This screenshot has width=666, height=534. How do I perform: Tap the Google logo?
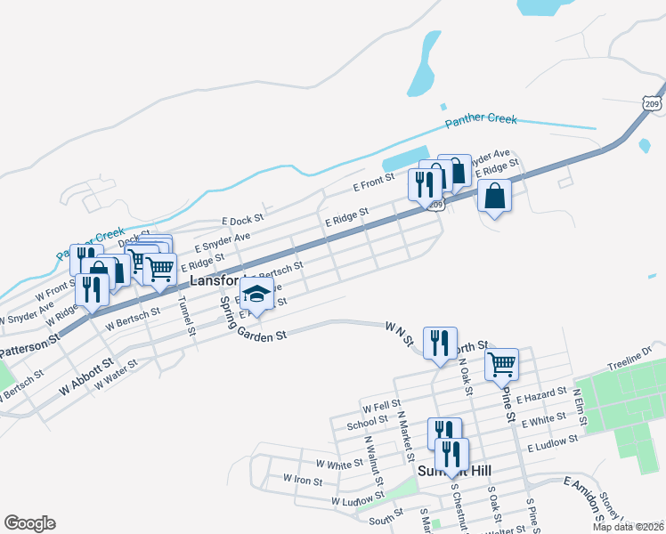[30, 523]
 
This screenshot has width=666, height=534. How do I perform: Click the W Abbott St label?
[87, 375]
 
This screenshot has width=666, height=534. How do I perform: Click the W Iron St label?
[303, 479]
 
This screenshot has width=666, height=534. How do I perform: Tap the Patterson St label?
[28, 340]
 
